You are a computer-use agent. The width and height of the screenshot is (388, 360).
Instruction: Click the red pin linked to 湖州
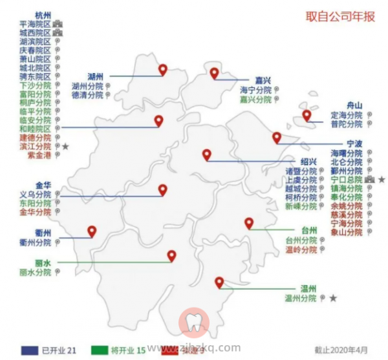[162, 69]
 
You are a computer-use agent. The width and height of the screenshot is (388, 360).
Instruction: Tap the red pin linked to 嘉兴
[214, 74]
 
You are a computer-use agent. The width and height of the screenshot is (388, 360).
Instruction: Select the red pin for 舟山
[307, 116]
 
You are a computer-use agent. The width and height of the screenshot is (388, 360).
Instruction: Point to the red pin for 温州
[219, 282]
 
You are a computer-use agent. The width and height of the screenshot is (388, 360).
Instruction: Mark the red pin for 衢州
[92, 231]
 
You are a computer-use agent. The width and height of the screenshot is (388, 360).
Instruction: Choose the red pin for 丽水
[171, 255]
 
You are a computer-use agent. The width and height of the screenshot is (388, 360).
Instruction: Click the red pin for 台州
[249, 224]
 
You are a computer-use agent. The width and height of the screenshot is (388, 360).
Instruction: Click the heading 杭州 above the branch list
[43, 14]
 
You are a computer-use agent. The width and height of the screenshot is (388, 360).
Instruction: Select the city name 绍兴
[308, 162]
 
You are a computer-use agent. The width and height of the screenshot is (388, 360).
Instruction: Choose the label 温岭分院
[301, 249]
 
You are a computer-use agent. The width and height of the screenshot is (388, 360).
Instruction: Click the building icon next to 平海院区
[58, 23]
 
